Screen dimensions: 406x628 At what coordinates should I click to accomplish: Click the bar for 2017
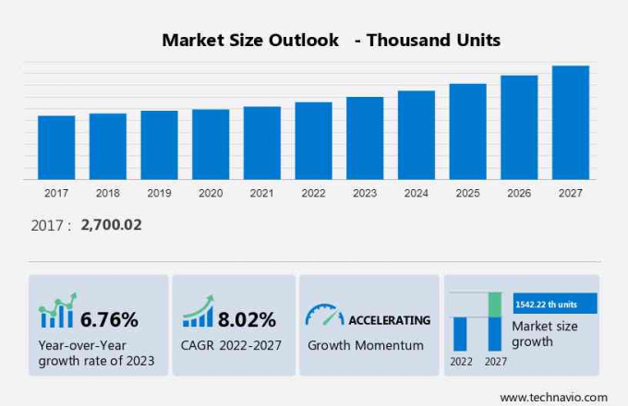(x=56, y=148)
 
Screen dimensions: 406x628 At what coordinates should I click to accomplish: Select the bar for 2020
(x=211, y=145)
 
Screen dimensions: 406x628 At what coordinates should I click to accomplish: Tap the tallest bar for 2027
(x=570, y=123)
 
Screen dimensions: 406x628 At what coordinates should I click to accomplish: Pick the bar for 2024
(x=417, y=135)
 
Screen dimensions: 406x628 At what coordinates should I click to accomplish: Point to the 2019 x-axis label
(x=159, y=193)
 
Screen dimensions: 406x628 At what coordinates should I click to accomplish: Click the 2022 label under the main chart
(x=313, y=193)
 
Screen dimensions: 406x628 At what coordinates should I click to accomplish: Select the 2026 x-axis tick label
(x=519, y=193)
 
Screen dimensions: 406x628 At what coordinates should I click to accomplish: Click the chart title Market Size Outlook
(x=250, y=40)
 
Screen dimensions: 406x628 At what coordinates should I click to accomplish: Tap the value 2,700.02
(x=111, y=225)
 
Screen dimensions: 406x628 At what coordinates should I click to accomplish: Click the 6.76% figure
(x=109, y=320)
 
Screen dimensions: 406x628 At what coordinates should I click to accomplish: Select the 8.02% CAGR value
(x=247, y=320)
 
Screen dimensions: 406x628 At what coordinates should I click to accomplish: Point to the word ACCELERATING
(x=389, y=320)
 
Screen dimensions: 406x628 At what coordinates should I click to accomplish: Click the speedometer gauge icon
(x=323, y=316)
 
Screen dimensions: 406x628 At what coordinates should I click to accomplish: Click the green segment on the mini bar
(x=495, y=304)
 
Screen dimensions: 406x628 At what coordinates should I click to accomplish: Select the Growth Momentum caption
(x=366, y=345)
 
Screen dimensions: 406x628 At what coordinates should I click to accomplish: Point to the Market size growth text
(x=544, y=334)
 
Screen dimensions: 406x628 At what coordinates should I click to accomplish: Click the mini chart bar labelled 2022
(x=460, y=333)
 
